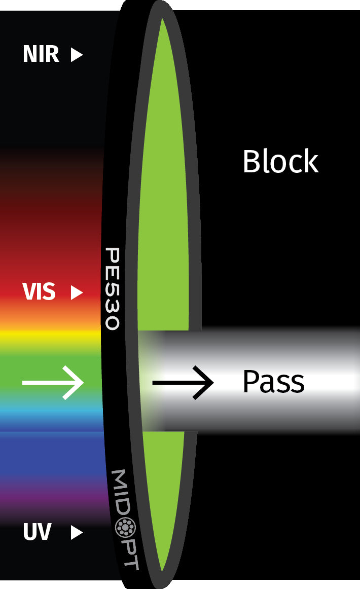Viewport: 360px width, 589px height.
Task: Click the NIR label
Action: (41, 54)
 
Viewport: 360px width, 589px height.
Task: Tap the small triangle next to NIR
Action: (77, 54)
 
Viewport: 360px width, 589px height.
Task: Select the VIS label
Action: (39, 292)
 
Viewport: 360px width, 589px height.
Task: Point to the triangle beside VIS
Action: (77, 292)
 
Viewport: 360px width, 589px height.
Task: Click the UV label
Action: (37, 532)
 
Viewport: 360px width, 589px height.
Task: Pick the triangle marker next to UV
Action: (77, 532)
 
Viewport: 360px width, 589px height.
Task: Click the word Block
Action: (280, 162)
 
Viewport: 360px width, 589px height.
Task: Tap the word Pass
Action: (273, 382)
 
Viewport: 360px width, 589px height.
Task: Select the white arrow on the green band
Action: (53, 383)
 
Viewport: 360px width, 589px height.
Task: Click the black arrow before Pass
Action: (183, 383)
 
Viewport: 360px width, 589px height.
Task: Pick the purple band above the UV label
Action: (51, 499)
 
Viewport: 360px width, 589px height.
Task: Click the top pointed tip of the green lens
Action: (162, 20)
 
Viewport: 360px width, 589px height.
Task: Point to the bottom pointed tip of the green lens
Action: (162, 570)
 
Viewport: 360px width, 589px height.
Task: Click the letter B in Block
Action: (251, 162)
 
